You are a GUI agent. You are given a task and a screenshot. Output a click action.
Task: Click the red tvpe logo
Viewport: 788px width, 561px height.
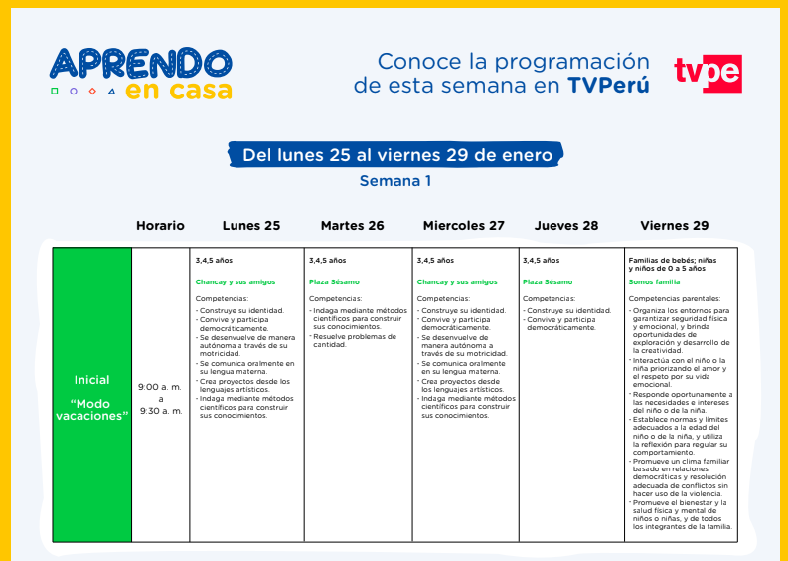pos(709,74)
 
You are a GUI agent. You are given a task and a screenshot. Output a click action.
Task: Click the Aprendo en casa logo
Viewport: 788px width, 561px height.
pos(141,74)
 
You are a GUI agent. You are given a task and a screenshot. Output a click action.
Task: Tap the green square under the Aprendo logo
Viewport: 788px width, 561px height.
pos(55,92)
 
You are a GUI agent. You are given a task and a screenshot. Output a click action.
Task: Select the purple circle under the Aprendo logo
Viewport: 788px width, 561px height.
pos(74,92)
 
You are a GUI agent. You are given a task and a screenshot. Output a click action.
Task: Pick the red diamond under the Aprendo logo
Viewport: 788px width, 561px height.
pos(92,92)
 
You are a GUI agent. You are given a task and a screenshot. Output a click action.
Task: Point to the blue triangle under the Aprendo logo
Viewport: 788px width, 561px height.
pos(111,92)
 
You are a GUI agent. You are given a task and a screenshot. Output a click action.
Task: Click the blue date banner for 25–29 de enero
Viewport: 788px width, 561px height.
pos(396,154)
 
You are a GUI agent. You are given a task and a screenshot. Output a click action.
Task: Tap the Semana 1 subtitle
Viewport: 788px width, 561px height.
pos(395,181)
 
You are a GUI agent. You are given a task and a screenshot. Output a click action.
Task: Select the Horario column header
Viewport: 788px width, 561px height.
pos(160,226)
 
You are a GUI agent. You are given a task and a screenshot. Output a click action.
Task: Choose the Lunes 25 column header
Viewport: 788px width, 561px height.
pos(251,226)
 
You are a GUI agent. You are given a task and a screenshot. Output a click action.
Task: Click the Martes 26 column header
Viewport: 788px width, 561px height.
pos(353,226)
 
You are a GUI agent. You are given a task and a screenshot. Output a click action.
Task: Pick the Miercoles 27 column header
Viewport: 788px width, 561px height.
pos(464,226)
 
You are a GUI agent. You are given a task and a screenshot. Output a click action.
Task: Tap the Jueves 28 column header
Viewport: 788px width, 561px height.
pos(566,226)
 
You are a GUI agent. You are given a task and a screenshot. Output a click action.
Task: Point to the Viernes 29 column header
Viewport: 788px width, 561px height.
pos(675,226)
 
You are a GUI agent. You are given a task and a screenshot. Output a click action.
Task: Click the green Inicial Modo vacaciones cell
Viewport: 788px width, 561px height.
pos(92,395)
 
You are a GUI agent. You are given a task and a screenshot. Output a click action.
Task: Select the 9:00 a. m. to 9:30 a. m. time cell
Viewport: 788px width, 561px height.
pos(160,395)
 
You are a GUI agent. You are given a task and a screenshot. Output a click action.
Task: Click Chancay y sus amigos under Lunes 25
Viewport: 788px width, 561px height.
pos(236,282)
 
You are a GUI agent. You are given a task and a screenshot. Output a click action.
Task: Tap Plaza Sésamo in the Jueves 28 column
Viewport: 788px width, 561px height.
pos(548,282)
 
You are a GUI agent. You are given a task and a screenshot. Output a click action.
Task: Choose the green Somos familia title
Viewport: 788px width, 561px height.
pos(654,282)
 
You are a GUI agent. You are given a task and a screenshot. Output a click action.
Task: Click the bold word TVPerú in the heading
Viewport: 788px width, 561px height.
pos(608,85)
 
